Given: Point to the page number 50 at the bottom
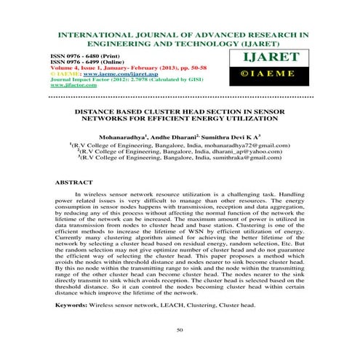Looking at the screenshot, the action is coord(180,332).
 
